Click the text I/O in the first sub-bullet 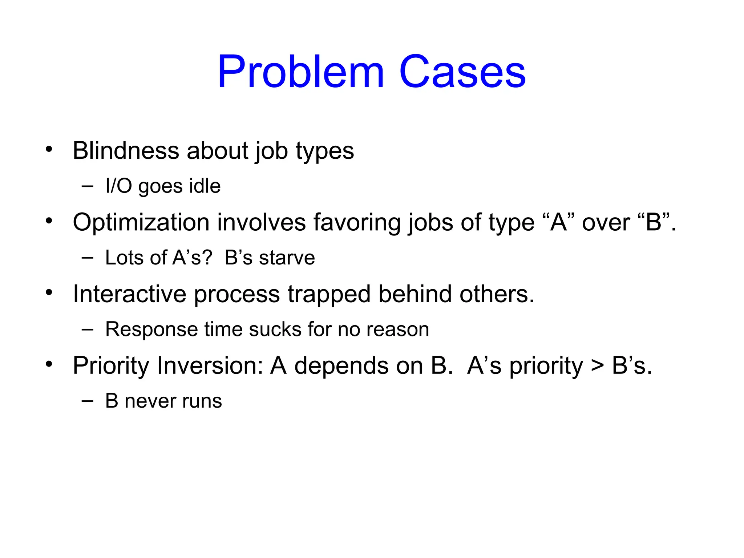point(118,186)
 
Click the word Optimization point(141,222)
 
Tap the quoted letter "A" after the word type point(558,222)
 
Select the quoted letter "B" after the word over point(654,222)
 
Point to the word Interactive point(129,294)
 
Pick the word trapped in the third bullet point(329,294)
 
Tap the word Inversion point(210,365)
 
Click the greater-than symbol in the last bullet point(597,366)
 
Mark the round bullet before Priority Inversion point(49,364)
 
